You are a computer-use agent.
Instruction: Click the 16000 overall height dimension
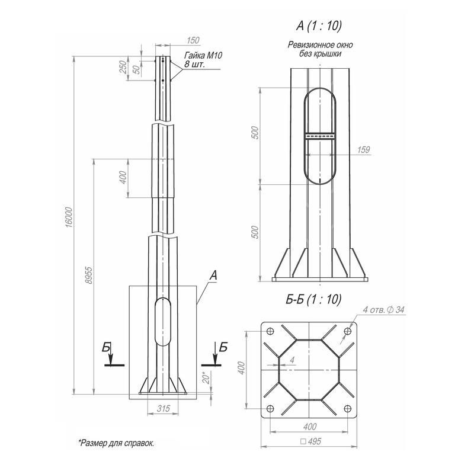click(x=69, y=217)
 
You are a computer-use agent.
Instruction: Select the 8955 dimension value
click(x=88, y=276)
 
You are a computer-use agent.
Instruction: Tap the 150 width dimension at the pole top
click(x=193, y=40)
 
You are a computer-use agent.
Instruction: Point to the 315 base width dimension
click(x=164, y=409)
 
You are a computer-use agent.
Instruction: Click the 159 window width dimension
click(x=363, y=150)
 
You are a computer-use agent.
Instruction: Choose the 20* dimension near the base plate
click(x=206, y=377)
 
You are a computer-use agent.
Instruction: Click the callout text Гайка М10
click(x=203, y=55)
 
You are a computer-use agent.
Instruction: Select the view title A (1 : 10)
click(x=319, y=26)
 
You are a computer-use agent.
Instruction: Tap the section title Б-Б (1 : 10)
click(x=313, y=299)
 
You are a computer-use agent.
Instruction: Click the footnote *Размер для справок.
click(x=116, y=443)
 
